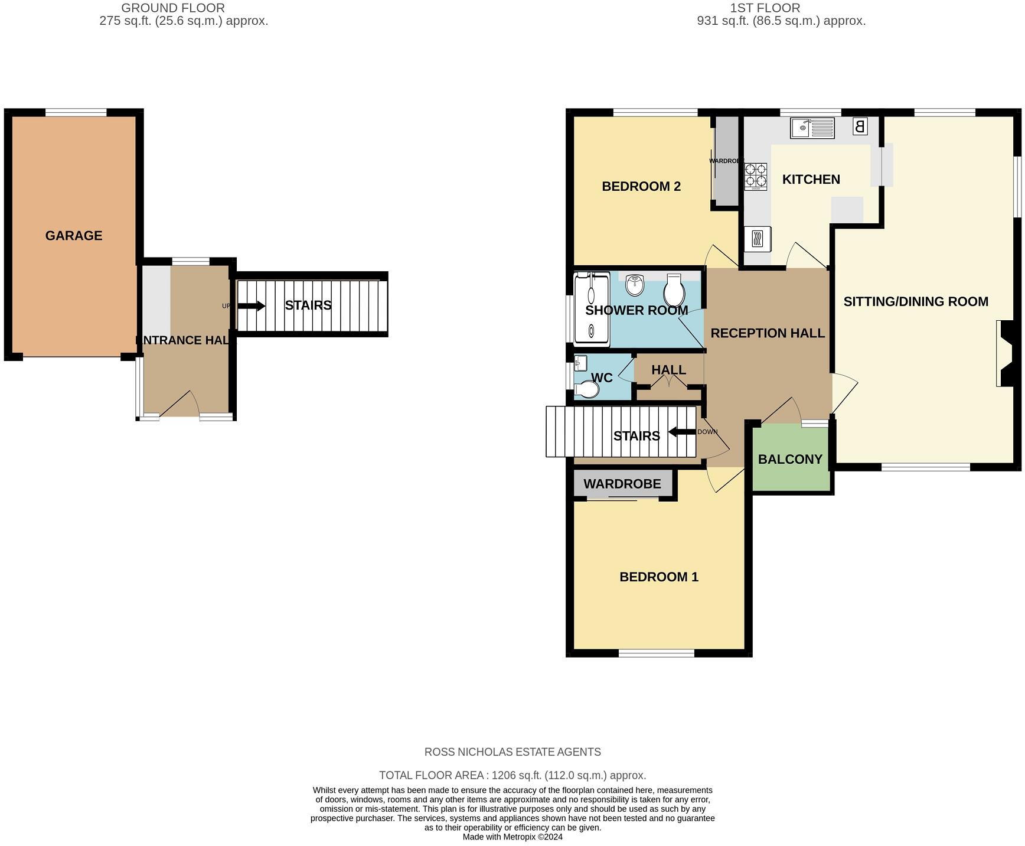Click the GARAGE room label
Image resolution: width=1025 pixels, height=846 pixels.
pyautogui.click(x=74, y=236)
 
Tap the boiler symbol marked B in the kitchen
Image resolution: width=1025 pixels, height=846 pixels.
pyautogui.click(x=860, y=126)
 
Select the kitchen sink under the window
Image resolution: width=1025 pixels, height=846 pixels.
pyautogui.click(x=812, y=128)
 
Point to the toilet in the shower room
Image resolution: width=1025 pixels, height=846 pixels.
pyautogui.click(x=674, y=289)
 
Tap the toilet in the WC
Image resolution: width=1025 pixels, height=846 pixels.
pyautogui.click(x=587, y=390)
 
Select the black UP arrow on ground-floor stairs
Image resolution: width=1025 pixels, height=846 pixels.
pyautogui.click(x=252, y=306)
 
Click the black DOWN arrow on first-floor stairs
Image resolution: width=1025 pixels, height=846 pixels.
pyautogui.click(x=682, y=432)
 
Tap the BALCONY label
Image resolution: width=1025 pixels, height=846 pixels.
pyautogui.click(x=790, y=460)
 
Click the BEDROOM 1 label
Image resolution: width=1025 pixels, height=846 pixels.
pyautogui.click(x=659, y=577)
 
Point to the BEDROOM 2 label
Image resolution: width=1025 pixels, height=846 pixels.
pyautogui.click(x=641, y=187)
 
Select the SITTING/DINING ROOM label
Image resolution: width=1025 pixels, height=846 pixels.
pyautogui.click(x=916, y=302)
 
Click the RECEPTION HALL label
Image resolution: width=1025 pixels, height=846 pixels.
pyautogui.click(x=768, y=333)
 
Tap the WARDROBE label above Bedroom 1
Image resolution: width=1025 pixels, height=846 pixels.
pyautogui.click(x=622, y=484)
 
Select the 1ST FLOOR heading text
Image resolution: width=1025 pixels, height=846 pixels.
pyautogui.click(x=765, y=8)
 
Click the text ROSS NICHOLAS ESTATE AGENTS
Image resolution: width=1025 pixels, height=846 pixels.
pyautogui.click(x=512, y=752)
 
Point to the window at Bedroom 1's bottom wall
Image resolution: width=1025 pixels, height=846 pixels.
pyautogui.click(x=657, y=653)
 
